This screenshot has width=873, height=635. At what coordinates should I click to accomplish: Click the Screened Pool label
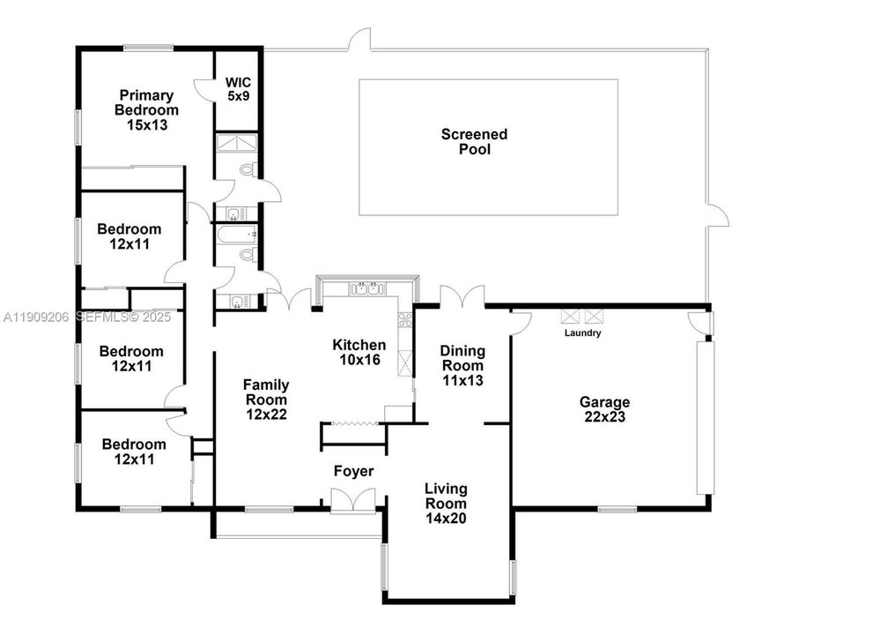(474, 142)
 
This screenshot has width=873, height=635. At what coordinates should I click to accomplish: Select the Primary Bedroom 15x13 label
(146, 110)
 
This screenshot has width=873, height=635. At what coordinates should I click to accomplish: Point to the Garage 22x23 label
(604, 409)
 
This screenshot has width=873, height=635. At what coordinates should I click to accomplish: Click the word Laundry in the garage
(583, 333)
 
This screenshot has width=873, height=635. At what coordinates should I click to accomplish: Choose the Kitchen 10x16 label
(359, 352)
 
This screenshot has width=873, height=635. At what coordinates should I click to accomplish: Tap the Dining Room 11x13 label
(462, 365)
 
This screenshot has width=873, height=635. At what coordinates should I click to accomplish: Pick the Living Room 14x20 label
(446, 504)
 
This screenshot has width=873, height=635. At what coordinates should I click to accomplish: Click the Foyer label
(353, 472)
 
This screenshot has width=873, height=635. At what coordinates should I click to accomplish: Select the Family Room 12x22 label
(266, 399)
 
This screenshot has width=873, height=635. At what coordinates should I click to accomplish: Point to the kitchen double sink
(365, 288)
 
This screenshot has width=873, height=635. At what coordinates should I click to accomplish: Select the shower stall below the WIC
(237, 143)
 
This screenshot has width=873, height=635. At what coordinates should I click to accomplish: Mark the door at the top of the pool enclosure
(359, 41)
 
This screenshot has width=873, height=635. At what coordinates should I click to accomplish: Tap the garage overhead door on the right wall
(704, 417)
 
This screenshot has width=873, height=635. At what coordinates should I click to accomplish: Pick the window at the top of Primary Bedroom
(147, 48)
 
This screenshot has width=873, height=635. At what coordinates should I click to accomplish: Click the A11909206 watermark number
(35, 316)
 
